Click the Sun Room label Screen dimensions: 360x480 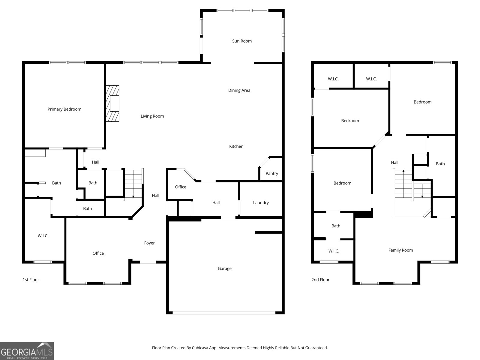tap(242, 41)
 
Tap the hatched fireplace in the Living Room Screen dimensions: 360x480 tap(112, 103)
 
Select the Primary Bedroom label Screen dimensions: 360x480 tap(64, 109)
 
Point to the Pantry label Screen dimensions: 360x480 tap(272, 173)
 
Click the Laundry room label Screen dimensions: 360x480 tap(261, 203)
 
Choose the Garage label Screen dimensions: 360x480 tap(224, 268)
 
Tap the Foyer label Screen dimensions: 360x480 tap(149, 243)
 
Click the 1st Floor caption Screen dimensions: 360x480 tap(31, 280)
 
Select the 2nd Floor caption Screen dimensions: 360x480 tap(320, 280)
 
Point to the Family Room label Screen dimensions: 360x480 tap(400, 250)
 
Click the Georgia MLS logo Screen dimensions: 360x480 tap(27, 351)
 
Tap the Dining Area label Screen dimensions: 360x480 tap(239, 90)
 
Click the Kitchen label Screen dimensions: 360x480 tap(236, 146)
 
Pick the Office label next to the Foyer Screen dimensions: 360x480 tap(98, 253)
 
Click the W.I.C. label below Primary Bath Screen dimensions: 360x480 tap(43, 236)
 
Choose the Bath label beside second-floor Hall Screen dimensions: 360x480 tap(440, 164)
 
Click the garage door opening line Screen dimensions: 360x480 tap(224, 313)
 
